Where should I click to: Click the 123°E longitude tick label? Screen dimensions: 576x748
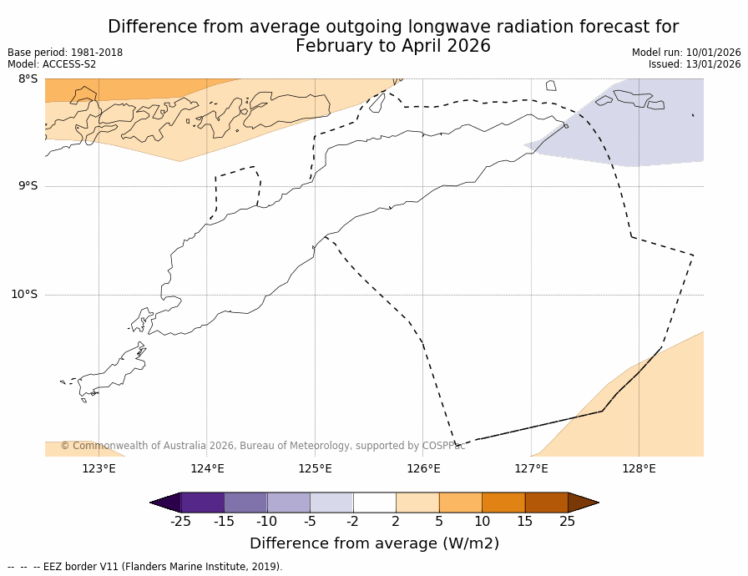coord(99,468)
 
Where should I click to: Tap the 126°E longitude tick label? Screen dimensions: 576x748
coord(423,468)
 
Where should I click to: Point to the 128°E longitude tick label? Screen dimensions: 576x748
coord(639,468)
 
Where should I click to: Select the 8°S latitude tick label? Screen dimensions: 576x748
coord(28,79)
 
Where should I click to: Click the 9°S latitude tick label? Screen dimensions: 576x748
coord(28,186)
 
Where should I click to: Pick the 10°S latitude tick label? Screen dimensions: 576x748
coord(24,294)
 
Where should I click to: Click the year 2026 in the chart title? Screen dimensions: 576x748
coord(467,46)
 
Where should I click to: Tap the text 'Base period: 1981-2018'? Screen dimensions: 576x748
coord(65,53)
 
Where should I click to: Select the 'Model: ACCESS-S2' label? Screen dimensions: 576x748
coord(52,64)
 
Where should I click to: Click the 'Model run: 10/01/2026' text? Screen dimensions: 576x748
coord(686,53)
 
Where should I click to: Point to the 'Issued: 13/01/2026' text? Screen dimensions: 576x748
coord(695,64)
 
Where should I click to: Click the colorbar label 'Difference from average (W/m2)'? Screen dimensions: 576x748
coord(374,543)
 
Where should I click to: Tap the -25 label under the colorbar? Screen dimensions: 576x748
coord(180,522)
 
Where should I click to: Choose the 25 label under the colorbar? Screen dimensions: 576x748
coord(568,522)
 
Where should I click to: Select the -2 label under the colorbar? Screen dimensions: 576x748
coord(352,522)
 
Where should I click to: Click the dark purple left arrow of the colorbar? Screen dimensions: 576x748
coord(166,503)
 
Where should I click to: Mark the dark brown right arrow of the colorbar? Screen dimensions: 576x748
coord(583,503)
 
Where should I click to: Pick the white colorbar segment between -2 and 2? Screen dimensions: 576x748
coord(374,503)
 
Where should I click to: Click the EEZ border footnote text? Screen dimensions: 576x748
coord(146,567)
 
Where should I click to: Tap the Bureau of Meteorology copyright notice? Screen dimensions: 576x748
coord(262,446)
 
